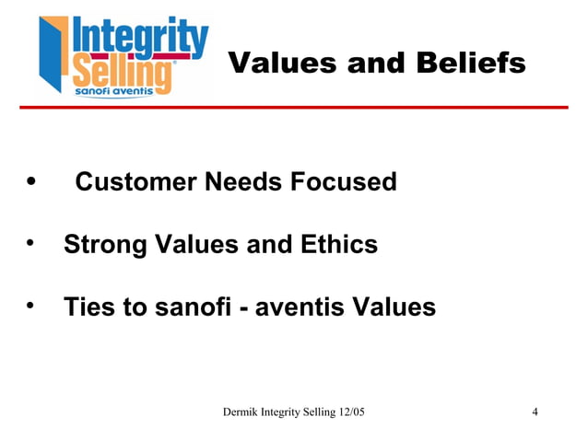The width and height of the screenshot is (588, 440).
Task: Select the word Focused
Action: (x=344, y=182)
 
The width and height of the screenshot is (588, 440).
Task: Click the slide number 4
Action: (x=535, y=411)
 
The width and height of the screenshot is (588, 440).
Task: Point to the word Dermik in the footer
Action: (x=243, y=411)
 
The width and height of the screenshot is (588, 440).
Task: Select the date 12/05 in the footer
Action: (x=349, y=411)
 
